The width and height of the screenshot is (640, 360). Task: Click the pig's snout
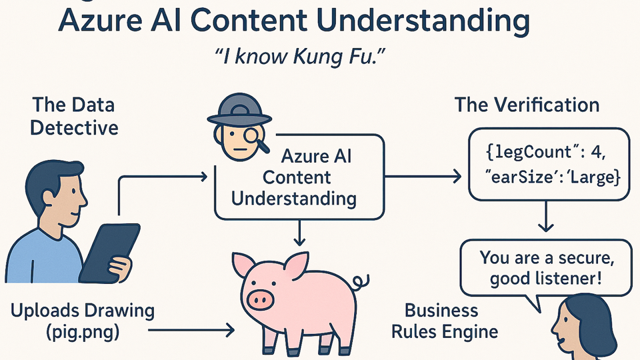(x=260, y=300)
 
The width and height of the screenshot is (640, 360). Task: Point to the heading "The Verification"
(x=527, y=105)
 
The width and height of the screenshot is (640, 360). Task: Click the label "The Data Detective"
(x=74, y=115)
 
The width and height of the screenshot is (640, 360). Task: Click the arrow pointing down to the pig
(x=300, y=233)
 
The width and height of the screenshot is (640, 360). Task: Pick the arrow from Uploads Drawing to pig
(x=190, y=329)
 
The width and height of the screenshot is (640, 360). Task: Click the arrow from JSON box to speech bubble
(x=547, y=217)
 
